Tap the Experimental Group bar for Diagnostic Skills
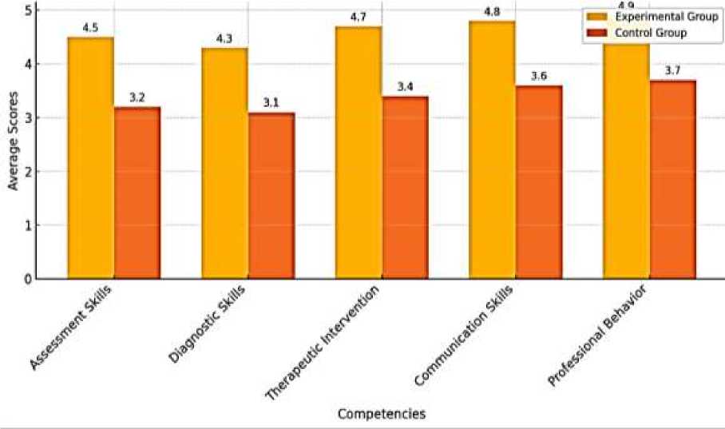(x=224, y=163)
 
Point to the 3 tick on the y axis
(x=29, y=118)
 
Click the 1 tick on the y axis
(x=29, y=225)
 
